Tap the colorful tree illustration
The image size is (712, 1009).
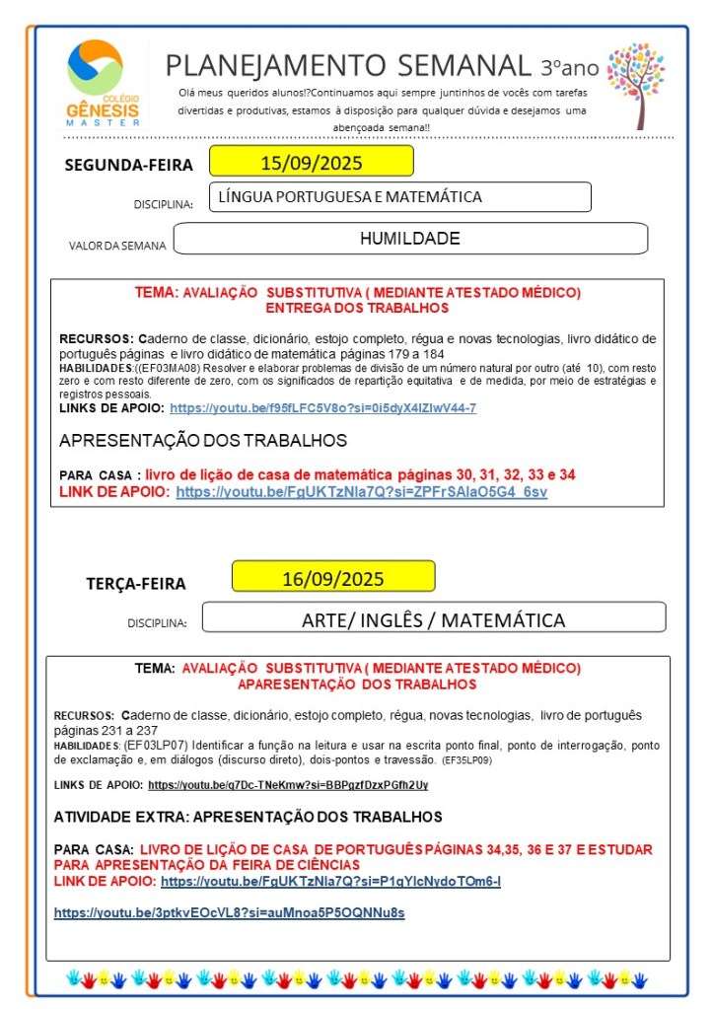(x=635, y=84)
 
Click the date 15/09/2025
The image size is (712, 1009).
(x=311, y=162)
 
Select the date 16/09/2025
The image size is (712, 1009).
(x=333, y=578)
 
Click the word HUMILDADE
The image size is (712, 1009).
(x=409, y=239)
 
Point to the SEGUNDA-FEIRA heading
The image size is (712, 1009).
(x=128, y=165)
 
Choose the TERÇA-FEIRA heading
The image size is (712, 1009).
(x=135, y=584)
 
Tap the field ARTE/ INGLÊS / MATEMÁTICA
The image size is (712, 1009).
(x=433, y=619)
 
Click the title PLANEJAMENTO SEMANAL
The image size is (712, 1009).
(x=348, y=65)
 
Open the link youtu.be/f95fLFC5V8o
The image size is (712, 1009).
(x=322, y=408)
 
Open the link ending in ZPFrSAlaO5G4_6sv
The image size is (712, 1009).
(x=361, y=491)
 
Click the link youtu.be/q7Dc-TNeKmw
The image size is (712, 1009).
(x=288, y=785)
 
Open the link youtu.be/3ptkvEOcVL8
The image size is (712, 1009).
(x=229, y=913)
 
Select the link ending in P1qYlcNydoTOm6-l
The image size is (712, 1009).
(x=330, y=881)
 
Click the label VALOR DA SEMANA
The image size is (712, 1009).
(x=117, y=246)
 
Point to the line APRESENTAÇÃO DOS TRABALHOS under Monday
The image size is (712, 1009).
(x=202, y=440)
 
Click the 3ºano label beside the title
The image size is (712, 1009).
(x=569, y=67)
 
